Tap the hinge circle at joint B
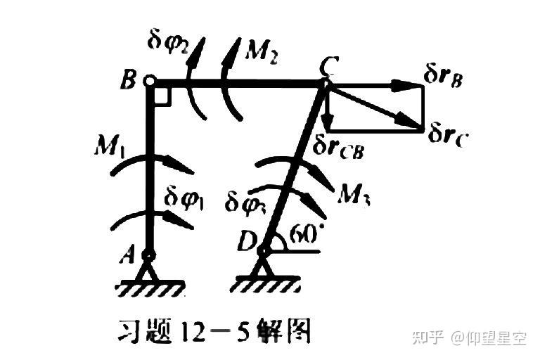[x=149, y=82]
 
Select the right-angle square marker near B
[x=162, y=97]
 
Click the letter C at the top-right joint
[x=325, y=69]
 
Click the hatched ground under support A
[x=149, y=287]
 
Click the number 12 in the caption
[x=198, y=329]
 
